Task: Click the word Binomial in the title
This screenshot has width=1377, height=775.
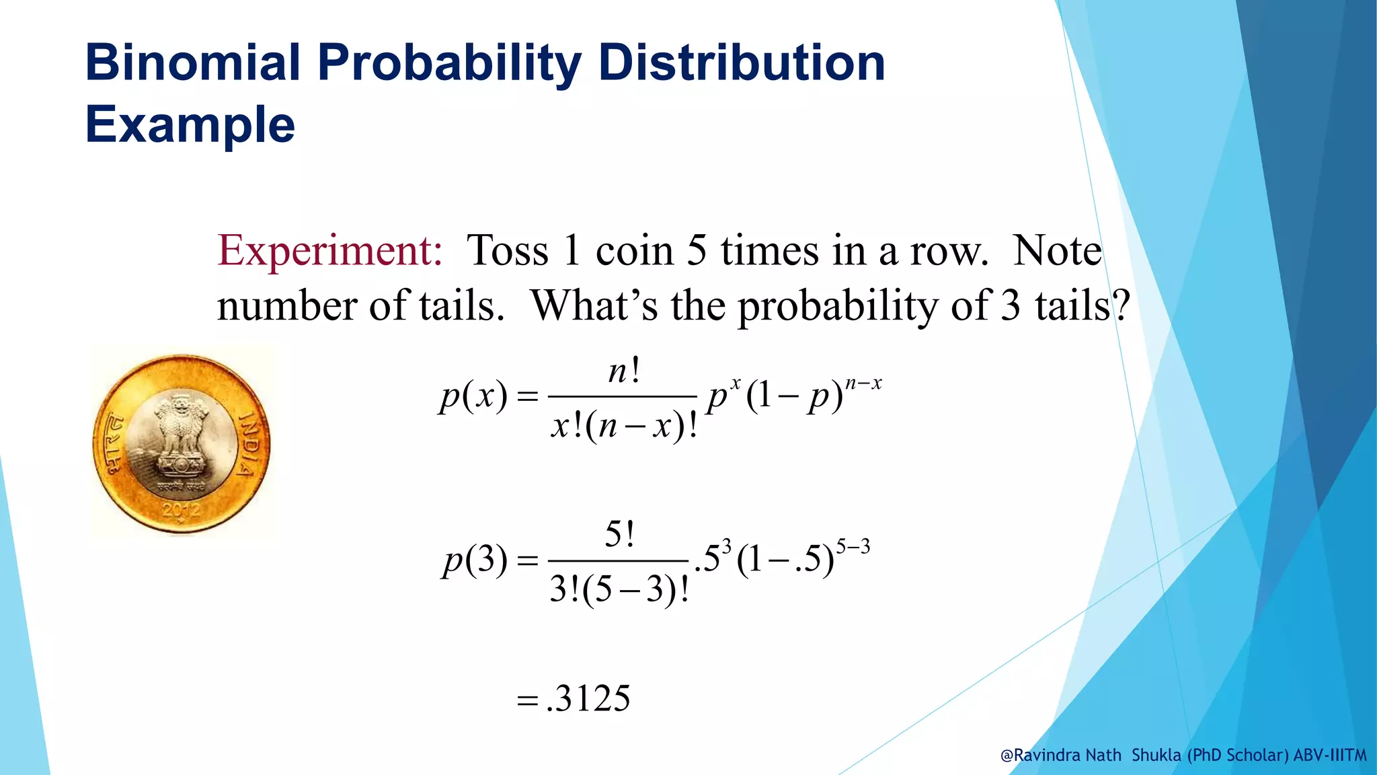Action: click(x=192, y=63)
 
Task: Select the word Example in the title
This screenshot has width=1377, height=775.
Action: click(x=190, y=125)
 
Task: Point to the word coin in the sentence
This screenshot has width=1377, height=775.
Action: click(x=634, y=251)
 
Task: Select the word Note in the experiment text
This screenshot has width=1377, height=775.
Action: click(x=1057, y=251)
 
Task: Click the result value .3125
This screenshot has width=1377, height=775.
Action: click(x=588, y=698)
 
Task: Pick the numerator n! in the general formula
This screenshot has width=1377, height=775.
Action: click(x=623, y=371)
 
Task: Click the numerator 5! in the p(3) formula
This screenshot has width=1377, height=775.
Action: click(x=619, y=536)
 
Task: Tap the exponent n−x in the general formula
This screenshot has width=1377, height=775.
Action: click(x=863, y=383)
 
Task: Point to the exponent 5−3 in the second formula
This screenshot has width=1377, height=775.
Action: click(x=853, y=546)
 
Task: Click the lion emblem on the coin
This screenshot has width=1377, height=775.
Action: click(x=180, y=431)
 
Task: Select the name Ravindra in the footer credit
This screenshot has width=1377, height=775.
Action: click(x=1047, y=755)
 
